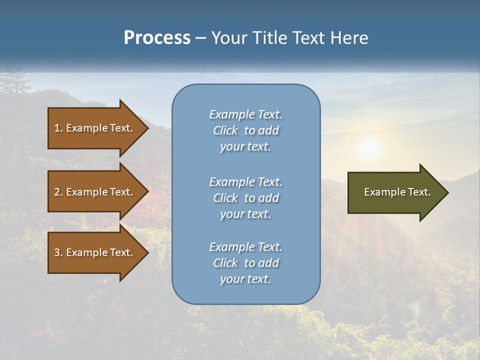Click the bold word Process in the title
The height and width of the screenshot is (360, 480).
[x=157, y=38]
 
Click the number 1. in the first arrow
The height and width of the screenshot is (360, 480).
[x=58, y=128]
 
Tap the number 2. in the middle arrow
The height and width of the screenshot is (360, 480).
[x=58, y=192]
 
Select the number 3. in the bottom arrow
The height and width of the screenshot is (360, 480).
[x=58, y=252]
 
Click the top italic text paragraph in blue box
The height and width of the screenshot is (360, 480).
[x=245, y=130]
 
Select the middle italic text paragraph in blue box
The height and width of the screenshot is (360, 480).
[x=245, y=198]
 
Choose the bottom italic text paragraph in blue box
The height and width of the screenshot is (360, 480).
[x=245, y=263]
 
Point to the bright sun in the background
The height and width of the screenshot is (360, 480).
[x=369, y=148]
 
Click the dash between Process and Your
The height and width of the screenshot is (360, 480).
[x=200, y=38]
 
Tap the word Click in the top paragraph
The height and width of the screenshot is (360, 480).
[x=225, y=130]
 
